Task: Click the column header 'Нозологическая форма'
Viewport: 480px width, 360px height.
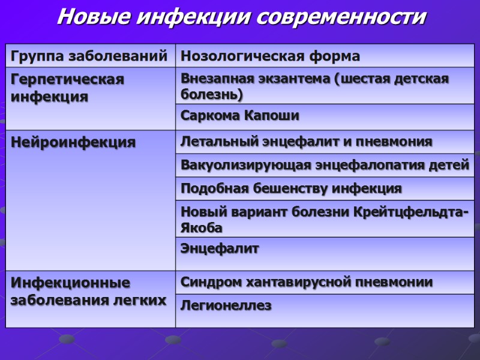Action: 270,56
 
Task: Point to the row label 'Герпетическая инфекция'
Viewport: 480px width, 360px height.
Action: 67,88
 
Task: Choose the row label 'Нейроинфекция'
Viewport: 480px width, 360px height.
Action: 73,142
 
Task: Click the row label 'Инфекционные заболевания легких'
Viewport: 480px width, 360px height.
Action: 88,291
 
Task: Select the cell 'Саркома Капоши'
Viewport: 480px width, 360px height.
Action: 239,115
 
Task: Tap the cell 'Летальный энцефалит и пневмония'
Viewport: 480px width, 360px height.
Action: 306,142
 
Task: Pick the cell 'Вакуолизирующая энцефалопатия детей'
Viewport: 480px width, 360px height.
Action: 325,165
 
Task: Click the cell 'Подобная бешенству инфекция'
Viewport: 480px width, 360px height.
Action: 291,188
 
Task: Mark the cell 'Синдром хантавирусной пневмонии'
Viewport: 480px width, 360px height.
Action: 307,282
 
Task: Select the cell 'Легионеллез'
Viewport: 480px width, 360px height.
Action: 226,305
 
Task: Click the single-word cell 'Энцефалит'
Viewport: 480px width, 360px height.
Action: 220,248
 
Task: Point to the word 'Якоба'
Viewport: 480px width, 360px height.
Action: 201,227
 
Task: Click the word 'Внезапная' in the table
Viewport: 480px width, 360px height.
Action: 215,79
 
